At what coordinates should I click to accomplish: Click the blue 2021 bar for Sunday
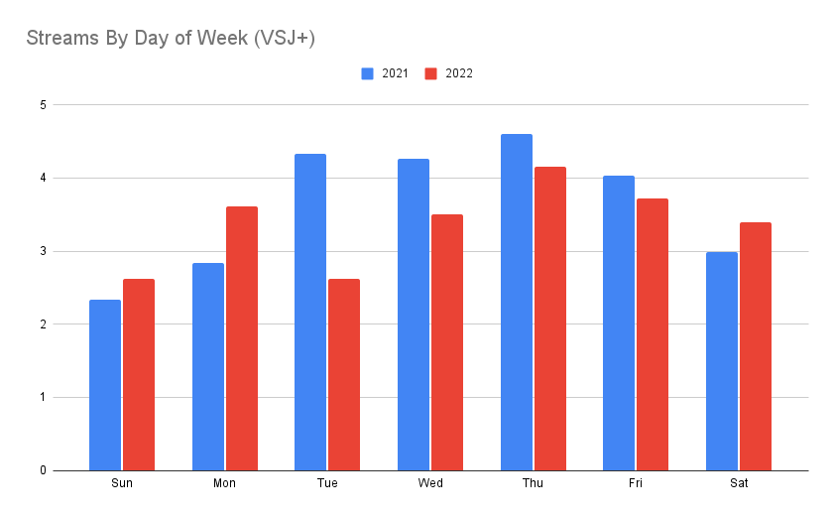click(x=105, y=385)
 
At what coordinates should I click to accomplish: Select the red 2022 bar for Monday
click(x=241, y=338)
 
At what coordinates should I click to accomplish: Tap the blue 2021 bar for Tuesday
click(x=310, y=312)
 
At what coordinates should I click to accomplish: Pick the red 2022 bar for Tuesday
click(x=344, y=374)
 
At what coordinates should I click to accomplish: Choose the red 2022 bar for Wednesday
click(x=447, y=342)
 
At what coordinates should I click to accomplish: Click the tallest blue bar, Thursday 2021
click(x=516, y=302)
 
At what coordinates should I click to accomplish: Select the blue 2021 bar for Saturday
click(x=722, y=361)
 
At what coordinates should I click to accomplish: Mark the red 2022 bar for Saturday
click(x=756, y=346)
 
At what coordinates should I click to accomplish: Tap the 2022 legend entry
click(x=449, y=73)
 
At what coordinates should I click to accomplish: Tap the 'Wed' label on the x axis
click(x=430, y=484)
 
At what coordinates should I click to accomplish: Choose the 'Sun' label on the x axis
click(x=122, y=484)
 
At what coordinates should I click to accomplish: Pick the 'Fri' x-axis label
click(x=636, y=484)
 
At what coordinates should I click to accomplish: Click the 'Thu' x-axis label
click(x=534, y=484)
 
